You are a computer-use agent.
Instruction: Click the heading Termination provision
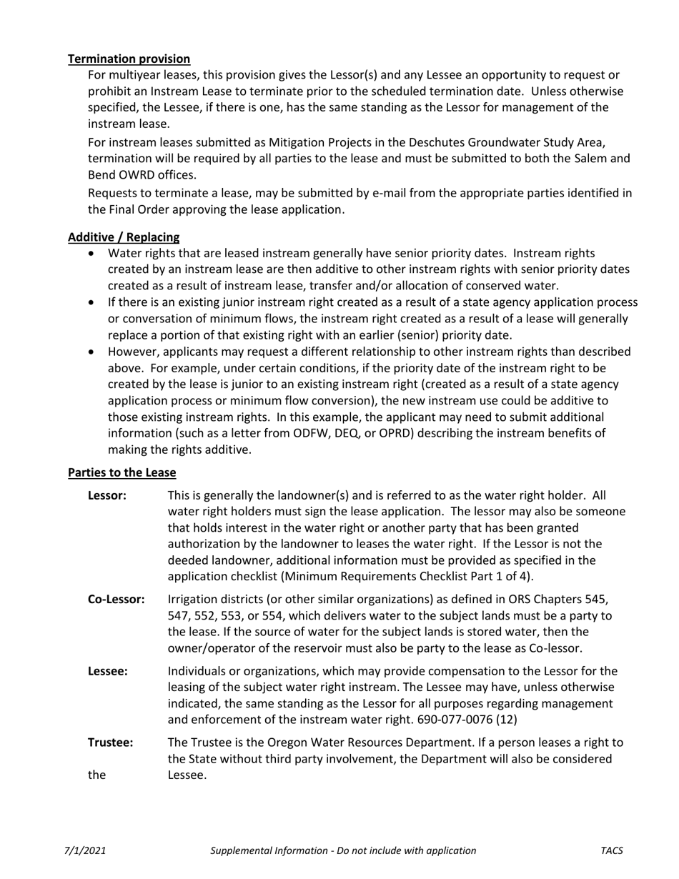129,59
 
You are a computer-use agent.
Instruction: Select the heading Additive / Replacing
124,237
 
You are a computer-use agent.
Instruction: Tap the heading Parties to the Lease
122,472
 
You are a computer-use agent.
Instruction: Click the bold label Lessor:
107,495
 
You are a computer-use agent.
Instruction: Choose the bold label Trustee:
110,743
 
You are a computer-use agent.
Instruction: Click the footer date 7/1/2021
85,850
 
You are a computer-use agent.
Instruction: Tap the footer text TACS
612,850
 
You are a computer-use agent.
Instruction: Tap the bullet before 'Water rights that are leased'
91,254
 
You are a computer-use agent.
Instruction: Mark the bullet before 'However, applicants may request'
91,352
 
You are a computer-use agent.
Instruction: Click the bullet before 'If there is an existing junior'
91,303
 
